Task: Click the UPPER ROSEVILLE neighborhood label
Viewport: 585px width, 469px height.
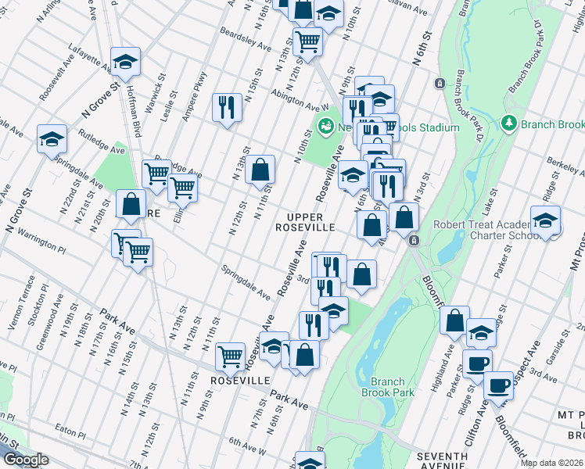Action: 310,221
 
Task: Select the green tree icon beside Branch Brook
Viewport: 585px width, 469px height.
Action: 508,124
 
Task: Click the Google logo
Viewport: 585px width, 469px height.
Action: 25,460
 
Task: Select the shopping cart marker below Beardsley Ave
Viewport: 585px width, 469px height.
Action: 308,41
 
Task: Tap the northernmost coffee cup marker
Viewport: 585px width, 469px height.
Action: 477,363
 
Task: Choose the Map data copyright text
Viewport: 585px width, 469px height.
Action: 551,463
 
